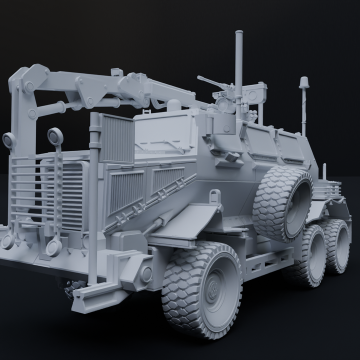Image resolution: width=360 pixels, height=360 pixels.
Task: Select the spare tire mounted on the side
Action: pyautogui.click(x=283, y=203)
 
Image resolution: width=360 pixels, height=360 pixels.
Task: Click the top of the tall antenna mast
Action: pyautogui.click(x=238, y=34)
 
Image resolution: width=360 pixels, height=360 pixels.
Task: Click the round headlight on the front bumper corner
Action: pyautogui.click(x=145, y=273)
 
